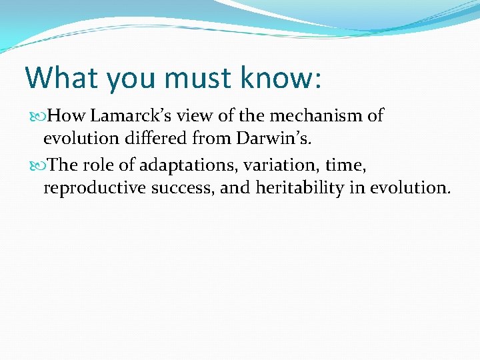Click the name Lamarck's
[135, 116]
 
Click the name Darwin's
[274, 139]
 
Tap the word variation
[281, 164]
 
